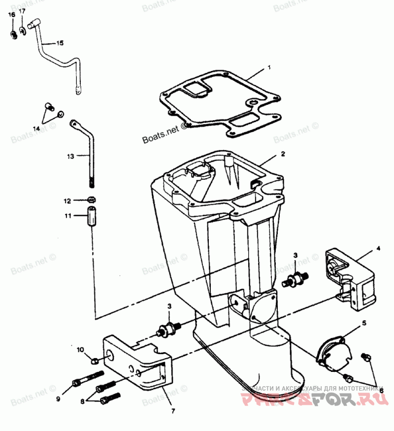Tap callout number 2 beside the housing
tap(283, 154)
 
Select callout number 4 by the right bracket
tap(378, 249)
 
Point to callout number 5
tap(364, 323)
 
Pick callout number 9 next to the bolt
tap(58, 398)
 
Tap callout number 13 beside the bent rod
tap(70, 156)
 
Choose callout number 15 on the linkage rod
tap(60, 43)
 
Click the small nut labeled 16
tap(14, 34)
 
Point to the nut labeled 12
tap(91, 199)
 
